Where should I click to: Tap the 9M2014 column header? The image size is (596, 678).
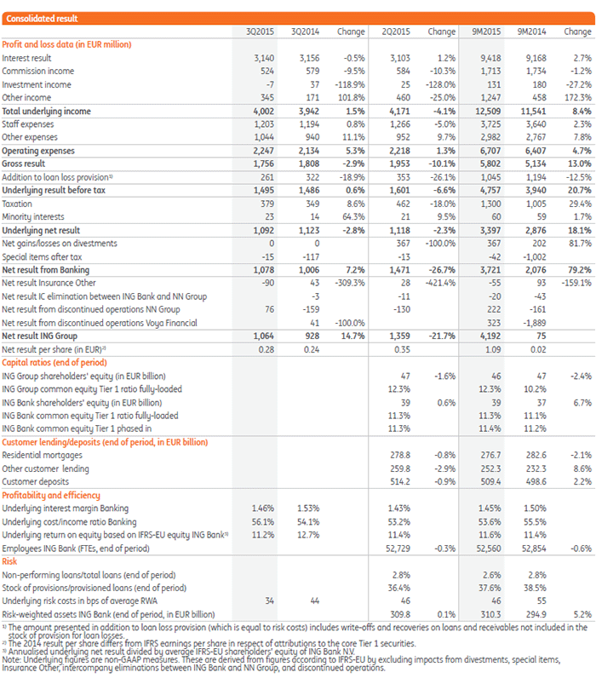(x=532, y=32)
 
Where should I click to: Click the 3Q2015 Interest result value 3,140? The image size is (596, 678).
(x=255, y=58)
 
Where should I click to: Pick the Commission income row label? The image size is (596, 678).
(x=38, y=72)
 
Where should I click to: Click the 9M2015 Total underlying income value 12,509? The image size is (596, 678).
(x=485, y=111)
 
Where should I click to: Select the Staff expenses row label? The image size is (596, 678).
(x=28, y=124)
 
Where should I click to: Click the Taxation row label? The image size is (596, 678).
(x=20, y=204)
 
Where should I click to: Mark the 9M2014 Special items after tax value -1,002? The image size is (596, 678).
(x=534, y=256)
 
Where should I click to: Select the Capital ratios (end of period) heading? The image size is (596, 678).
(x=57, y=362)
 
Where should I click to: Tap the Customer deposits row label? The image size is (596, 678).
(x=37, y=481)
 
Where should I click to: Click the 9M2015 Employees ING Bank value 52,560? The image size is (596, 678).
(x=486, y=548)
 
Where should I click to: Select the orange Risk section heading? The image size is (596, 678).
(x=11, y=561)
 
